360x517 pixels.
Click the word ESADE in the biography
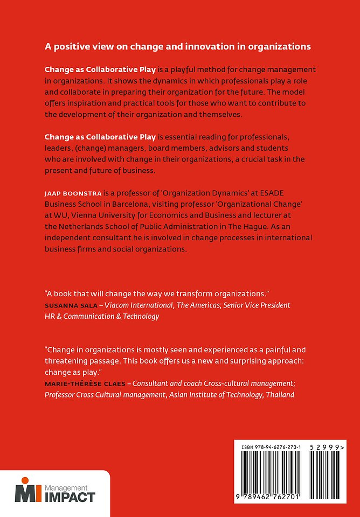point(289,192)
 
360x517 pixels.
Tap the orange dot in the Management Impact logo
point(24,481)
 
